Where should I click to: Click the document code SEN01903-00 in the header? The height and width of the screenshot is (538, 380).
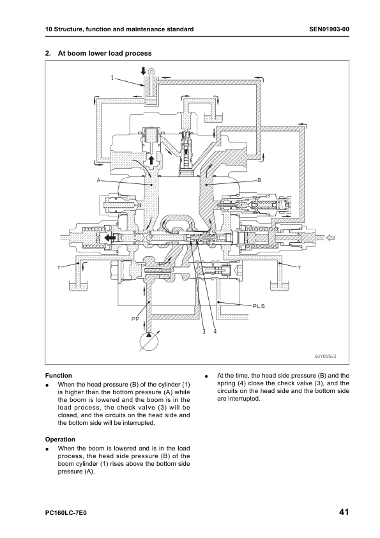(329, 29)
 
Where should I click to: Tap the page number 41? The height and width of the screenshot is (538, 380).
(344, 512)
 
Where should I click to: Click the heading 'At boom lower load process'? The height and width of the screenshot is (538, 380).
(105, 53)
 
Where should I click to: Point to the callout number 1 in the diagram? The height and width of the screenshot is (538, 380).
(112, 78)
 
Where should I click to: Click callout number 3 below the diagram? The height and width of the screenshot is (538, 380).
(204, 332)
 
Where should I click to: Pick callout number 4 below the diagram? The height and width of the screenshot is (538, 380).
(215, 332)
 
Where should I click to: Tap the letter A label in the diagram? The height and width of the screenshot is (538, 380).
(98, 180)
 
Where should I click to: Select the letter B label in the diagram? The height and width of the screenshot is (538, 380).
(260, 180)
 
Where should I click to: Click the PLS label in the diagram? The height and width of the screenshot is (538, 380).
(259, 306)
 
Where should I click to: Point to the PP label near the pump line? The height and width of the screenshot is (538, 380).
(135, 319)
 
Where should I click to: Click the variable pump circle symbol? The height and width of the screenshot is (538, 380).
(149, 341)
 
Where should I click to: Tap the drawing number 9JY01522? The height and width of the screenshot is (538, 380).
(326, 356)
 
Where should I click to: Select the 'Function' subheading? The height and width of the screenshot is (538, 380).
(59, 376)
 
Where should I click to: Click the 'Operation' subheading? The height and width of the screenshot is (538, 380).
(60, 440)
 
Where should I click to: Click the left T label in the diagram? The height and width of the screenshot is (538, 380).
(59, 268)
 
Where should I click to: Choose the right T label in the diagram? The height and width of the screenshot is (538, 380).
(299, 268)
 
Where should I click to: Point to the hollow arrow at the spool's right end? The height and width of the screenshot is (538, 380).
(330, 238)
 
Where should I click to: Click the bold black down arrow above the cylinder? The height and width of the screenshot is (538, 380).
(143, 72)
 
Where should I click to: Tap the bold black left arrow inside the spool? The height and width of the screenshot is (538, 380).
(110, 238)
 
